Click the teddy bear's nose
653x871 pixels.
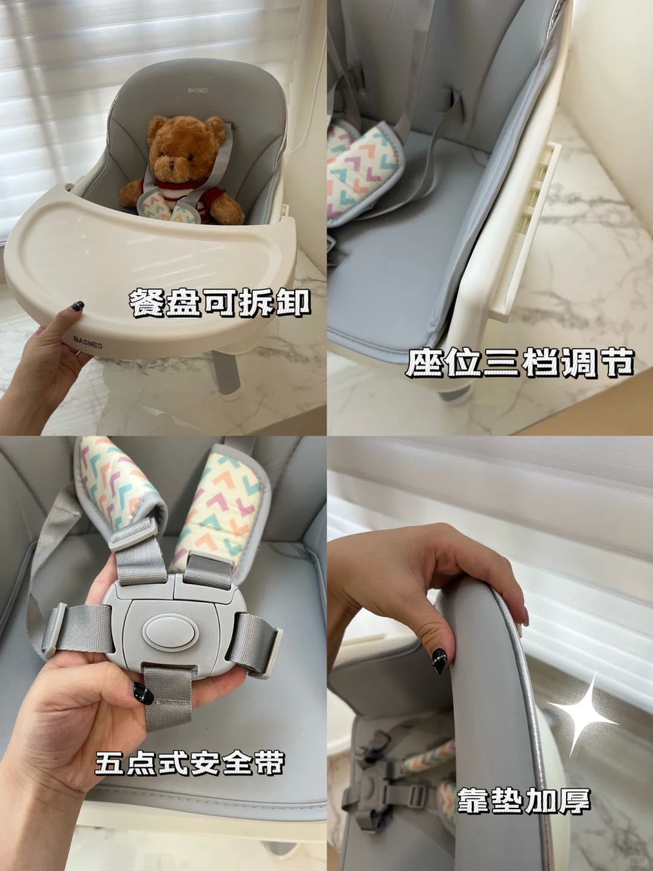coord(172,164)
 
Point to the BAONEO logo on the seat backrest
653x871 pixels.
coord(198,91)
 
